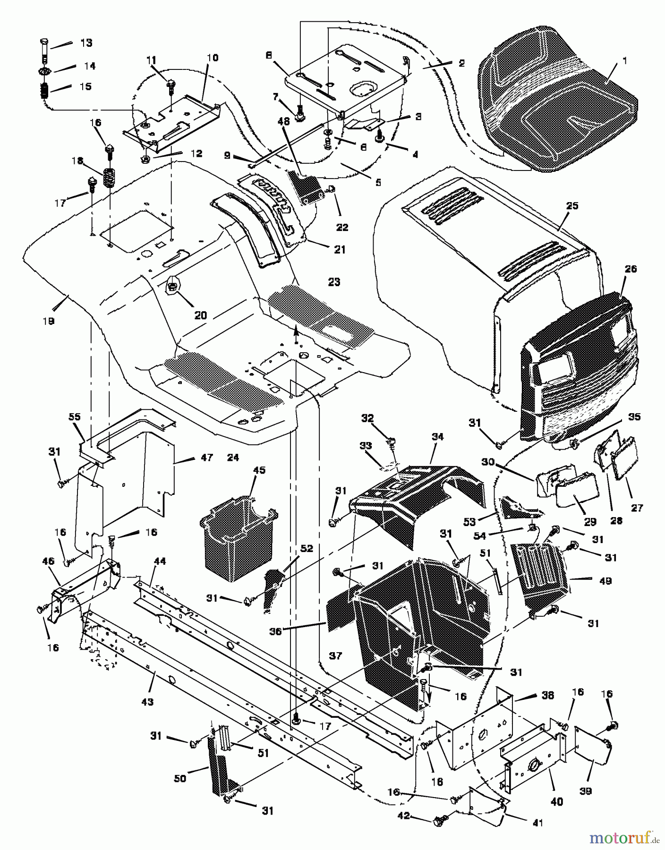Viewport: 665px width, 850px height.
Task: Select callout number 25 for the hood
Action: click(572, 206)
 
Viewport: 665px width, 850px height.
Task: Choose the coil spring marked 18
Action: click(110, 179)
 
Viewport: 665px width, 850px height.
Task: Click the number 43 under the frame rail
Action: click(147, 702)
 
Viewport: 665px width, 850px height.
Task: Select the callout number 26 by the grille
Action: click(631, 269)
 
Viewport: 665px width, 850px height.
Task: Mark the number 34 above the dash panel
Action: click(437, 437)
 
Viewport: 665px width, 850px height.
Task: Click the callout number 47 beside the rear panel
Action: click(207, 457)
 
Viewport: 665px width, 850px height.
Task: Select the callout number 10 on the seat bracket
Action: click(213, 58)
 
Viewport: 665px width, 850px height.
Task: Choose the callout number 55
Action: click(75, 417)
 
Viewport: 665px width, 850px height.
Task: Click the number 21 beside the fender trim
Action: click(340, 249)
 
